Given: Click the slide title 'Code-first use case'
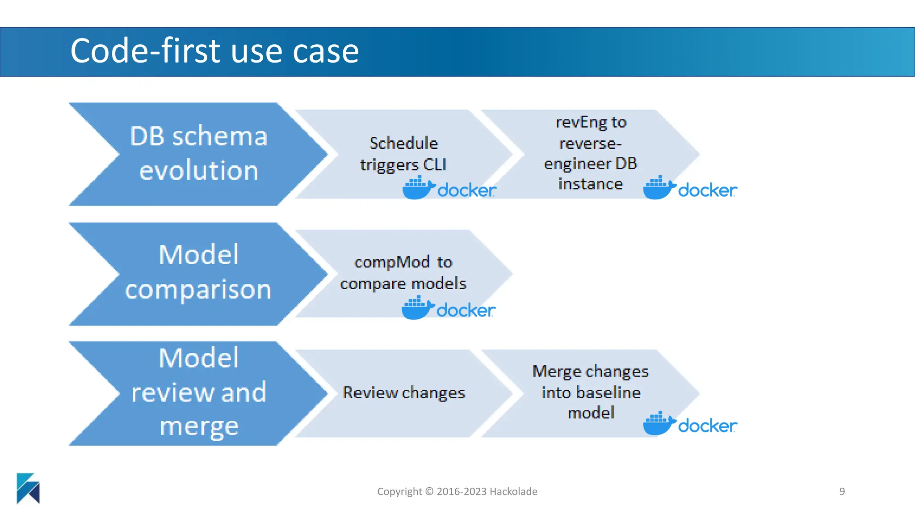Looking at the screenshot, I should point(214,51).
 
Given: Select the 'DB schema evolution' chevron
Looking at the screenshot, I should point(198,154).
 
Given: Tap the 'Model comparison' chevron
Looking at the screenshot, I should point(198,273).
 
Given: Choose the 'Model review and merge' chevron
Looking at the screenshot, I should point(198,393).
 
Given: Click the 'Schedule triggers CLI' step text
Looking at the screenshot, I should point(403,154).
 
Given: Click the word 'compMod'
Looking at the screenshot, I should point(392,262).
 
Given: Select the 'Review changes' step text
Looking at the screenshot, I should point(403,393).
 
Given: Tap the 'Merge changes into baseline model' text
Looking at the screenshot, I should point(591,392).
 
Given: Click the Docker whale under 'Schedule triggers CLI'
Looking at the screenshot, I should point(418,188).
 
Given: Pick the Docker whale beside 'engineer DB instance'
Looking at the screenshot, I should point(659,188).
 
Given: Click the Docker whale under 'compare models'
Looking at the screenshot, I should point(417,308).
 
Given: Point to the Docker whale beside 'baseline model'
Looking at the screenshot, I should point(659,423).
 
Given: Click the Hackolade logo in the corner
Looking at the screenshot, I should point(28,488).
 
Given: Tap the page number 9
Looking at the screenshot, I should point(842,491).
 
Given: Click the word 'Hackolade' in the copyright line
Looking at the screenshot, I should point(513,491).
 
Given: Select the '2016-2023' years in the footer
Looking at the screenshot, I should point(462,491).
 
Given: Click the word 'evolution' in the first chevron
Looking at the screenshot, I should point(198,171).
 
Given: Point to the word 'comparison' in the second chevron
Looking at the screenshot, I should point(198,290).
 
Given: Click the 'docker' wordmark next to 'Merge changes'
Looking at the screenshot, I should point(707,426).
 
